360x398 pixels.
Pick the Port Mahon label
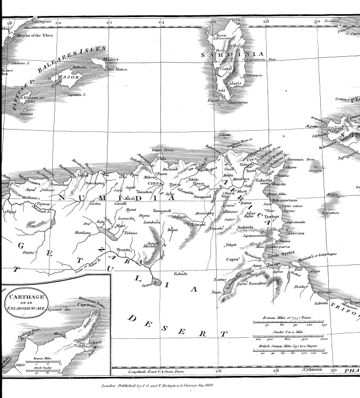point(117,69)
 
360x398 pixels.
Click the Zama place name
point(246,202)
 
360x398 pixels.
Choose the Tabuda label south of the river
point(181,273)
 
